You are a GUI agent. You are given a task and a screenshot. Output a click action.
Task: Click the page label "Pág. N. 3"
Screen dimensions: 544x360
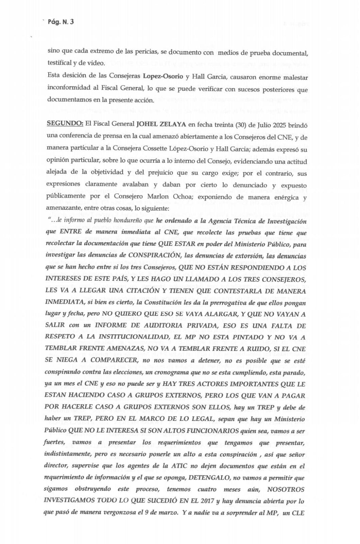(x=61, y=22)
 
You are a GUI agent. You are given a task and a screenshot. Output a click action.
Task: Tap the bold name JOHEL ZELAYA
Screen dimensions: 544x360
(x=161, y=124)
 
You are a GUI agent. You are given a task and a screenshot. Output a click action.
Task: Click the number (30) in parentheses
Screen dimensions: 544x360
(x=240, y=124)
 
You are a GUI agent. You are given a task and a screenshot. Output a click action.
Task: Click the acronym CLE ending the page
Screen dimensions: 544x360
(x=297, y=513)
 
